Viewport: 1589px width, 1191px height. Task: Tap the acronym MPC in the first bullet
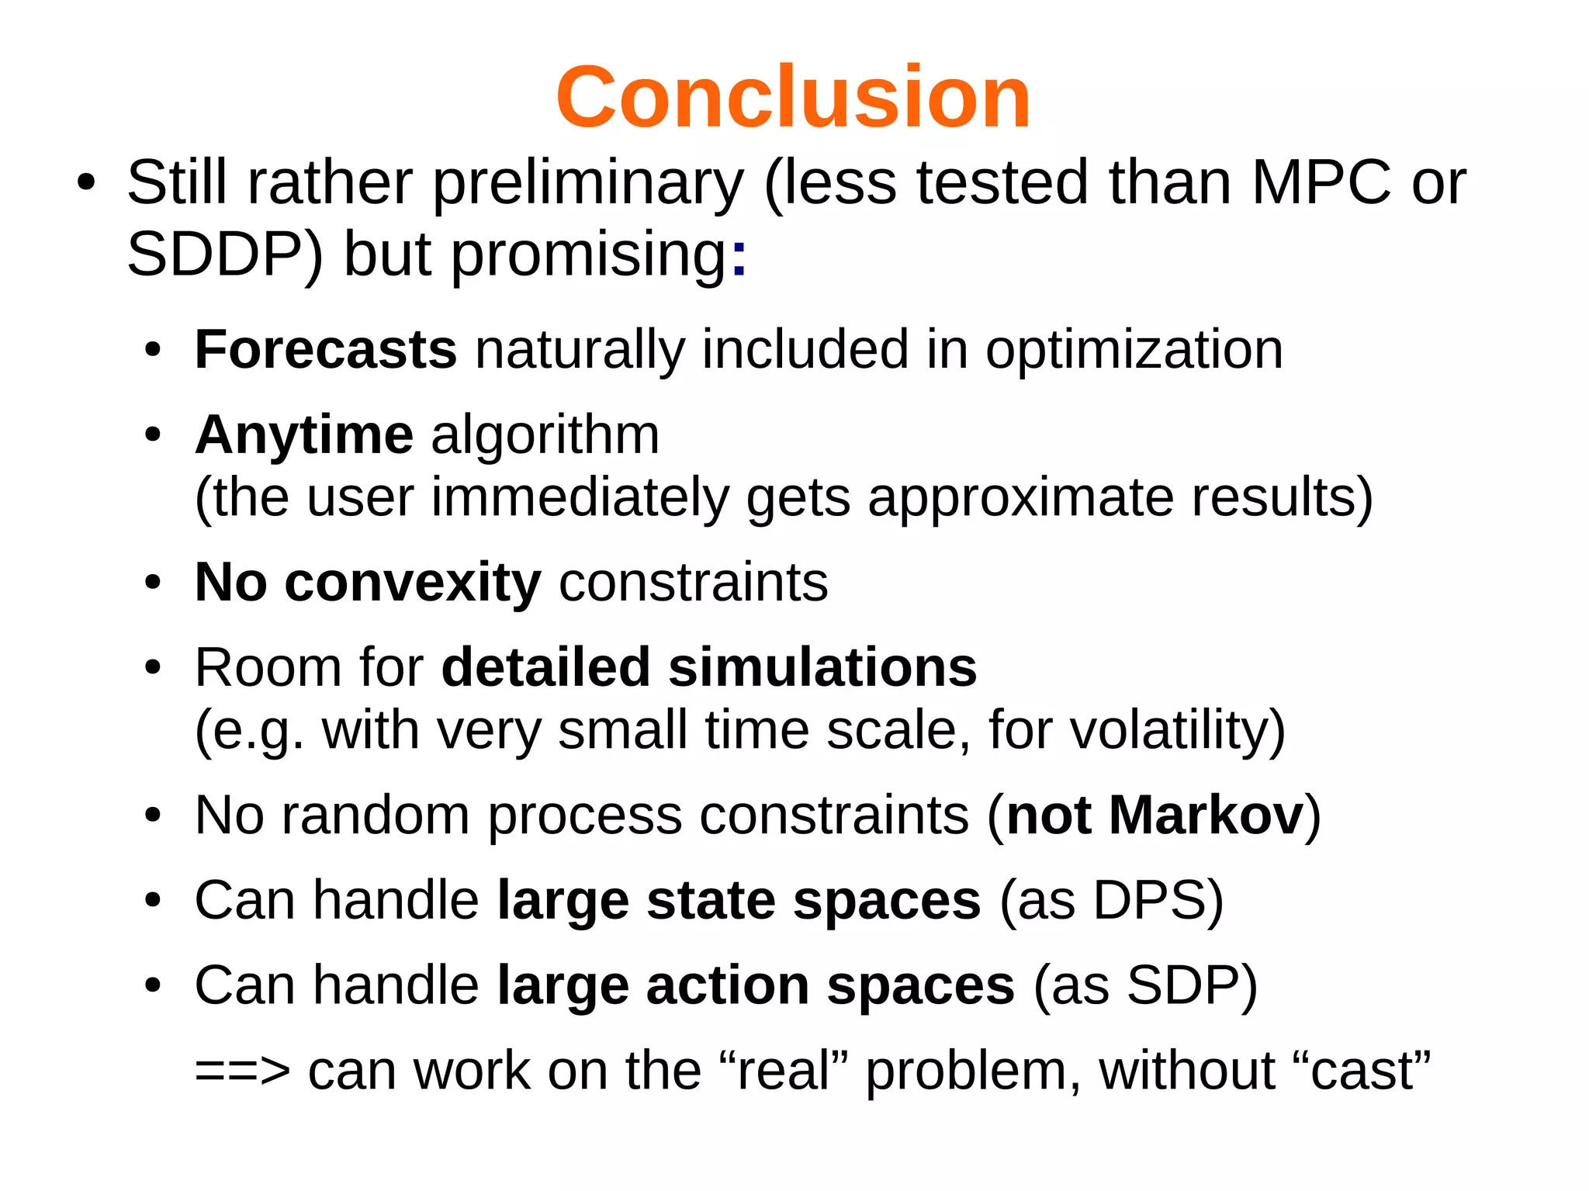coord(1321,183)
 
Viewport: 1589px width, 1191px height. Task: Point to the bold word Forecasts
coord(325,349)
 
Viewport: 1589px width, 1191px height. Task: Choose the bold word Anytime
coord(304,435)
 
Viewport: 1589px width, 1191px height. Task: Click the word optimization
coord(1134,351)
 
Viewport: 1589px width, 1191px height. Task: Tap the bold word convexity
coord(412,582)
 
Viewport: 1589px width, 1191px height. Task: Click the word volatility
coord(1169,731)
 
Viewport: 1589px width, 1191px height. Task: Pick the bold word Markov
coord(1206,815)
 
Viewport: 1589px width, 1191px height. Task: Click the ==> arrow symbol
coord(242,1072)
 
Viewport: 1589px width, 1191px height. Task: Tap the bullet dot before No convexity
coord(153,583)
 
